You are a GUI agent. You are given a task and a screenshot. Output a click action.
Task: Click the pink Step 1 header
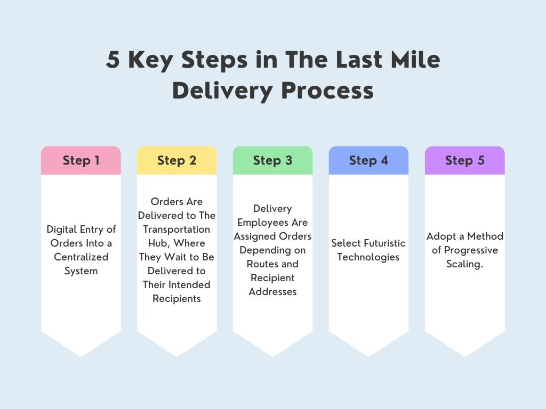tap(81, 160)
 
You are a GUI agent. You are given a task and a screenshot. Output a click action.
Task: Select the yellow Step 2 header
tap(176, 160)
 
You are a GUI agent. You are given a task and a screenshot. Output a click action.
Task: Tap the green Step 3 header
tap(272, 160)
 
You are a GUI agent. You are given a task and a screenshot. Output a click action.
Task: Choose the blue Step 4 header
tap(368, 160)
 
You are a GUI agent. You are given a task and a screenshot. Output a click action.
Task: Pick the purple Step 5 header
tap(464, 160)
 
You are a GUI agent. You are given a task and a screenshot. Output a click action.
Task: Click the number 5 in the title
tap(113, 60)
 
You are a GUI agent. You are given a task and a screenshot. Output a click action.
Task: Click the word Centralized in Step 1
tap(81, 257)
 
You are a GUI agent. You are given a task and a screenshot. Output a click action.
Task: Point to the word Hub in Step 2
tap(157, 243)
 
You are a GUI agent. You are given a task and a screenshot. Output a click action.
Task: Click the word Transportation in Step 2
tap(176, 230)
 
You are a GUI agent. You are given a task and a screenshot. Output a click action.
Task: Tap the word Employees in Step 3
tap(272, 223)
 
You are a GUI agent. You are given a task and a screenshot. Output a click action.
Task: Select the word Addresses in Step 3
tap(272, 292)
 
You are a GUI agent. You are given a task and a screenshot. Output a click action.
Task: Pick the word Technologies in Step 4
tap(368, 257)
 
